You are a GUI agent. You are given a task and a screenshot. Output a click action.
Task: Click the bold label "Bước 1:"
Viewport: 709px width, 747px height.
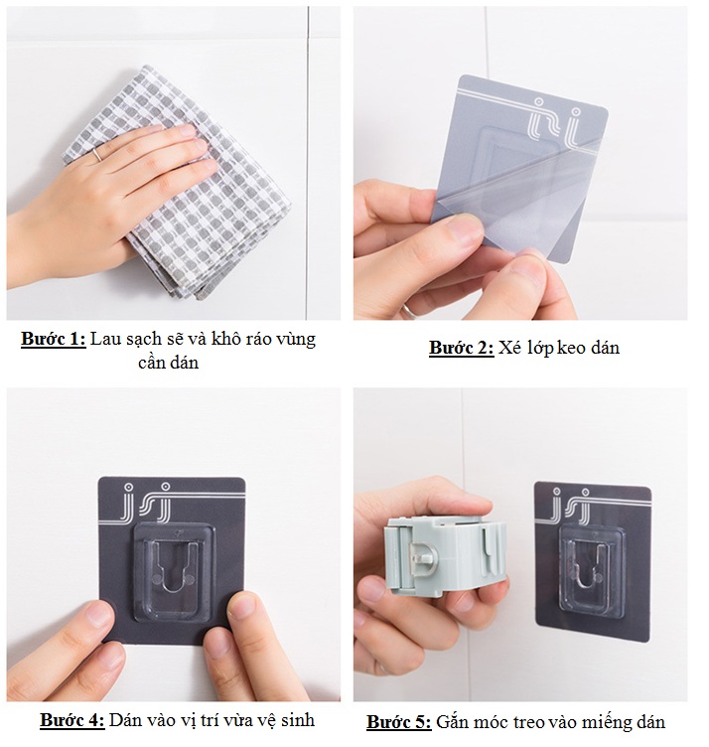coord(54,340)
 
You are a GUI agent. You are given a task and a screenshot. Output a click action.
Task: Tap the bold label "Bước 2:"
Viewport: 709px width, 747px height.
coord(462,348)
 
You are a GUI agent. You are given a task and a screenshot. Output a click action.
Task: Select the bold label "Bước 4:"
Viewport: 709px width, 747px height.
coord(71,720)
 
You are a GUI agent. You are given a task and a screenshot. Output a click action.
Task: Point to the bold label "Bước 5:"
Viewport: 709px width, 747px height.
coord(399,722)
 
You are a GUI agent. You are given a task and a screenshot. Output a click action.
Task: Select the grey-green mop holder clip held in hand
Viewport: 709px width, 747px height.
coord(445,554)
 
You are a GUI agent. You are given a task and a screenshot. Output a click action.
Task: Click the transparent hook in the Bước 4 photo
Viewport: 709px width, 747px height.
coord(174,572)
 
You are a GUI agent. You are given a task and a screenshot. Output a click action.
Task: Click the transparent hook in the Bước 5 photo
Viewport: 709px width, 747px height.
coord(590,568)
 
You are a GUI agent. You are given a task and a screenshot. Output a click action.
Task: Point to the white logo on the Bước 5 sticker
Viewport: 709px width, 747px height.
coord(570,505)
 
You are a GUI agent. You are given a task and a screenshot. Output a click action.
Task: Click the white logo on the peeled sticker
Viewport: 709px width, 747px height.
coord(556,122)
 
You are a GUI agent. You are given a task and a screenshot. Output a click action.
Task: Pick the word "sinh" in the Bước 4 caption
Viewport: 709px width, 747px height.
coord(298,720)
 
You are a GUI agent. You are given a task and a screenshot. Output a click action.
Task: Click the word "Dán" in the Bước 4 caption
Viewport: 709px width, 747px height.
coord(125,720)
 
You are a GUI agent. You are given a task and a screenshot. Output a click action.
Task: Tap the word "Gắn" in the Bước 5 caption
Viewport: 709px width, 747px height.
coord(454,722)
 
